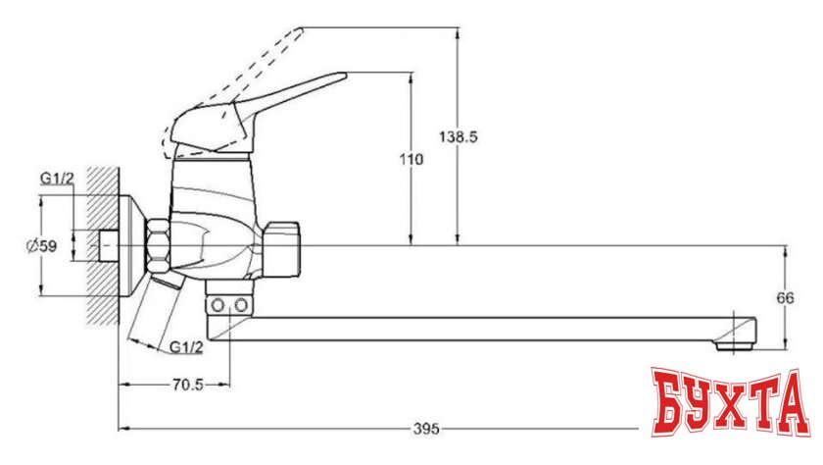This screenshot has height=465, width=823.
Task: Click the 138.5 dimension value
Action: coord(460,138)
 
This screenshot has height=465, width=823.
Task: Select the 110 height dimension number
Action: coord(411,160)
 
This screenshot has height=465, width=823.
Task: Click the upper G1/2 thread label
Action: coord(56,178)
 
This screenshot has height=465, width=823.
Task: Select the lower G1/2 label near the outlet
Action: coord(186,347)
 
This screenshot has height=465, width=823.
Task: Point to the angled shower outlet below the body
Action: coord(157,309)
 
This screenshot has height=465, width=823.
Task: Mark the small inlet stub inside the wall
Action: coord(110,245)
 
